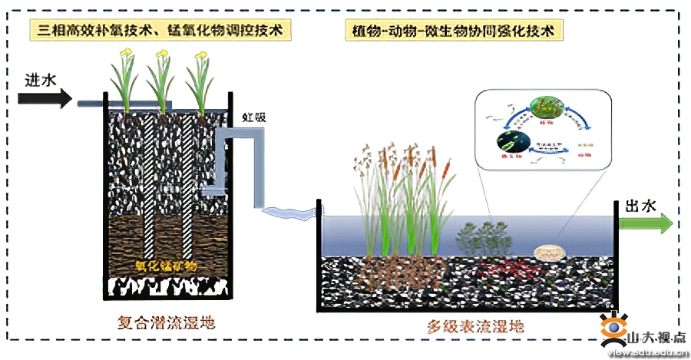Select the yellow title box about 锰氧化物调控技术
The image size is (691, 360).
pos(161,31)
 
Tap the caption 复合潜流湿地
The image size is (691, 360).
pos(162,322)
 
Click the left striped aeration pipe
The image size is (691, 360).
pos(149,188)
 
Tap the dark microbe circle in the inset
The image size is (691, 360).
pos(510,140)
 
